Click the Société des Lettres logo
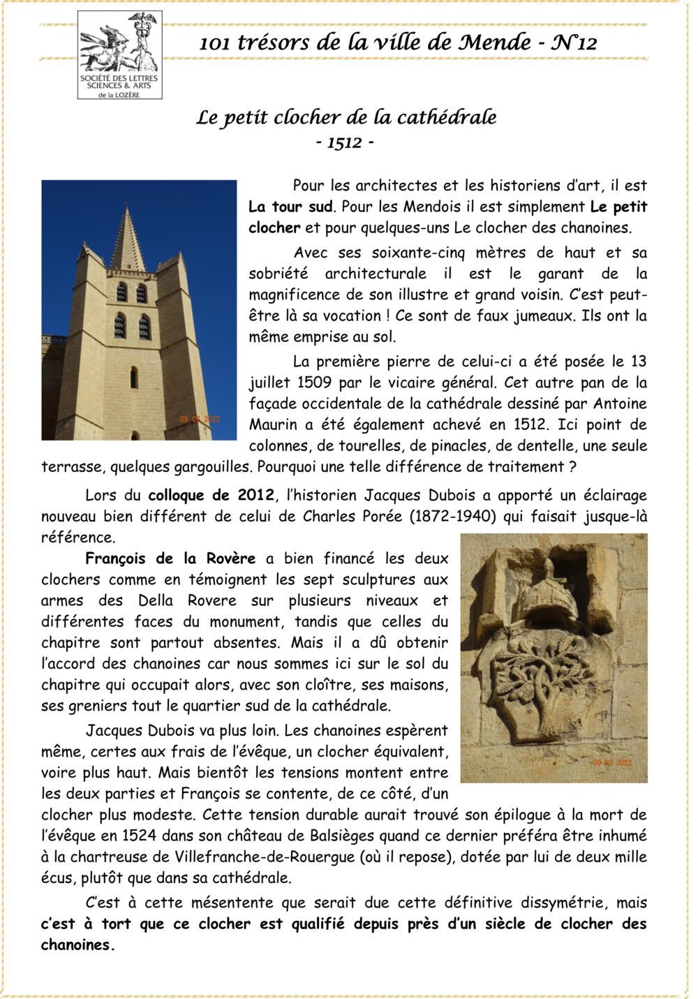pos(119,55)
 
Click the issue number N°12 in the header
pos(574,43)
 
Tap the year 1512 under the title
pos(345,143)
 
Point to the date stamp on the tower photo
pos(200,419)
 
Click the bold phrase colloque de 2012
pos(211,496)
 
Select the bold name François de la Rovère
pos(170,558)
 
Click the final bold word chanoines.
pos(76,945)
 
